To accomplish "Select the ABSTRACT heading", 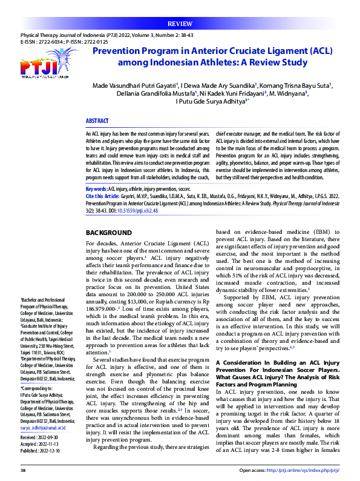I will point(97,121).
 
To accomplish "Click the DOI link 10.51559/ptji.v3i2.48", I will point(141,211).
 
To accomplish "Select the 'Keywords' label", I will point(97,190).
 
